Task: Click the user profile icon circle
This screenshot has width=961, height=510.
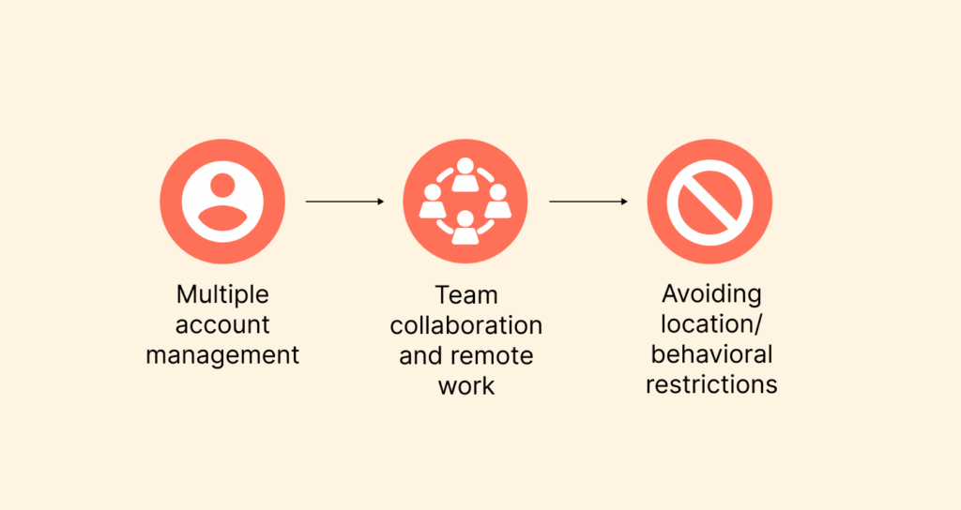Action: click(222, 202)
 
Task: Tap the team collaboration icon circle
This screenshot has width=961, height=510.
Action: click(465, 202)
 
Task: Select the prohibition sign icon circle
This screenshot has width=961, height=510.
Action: click(709, 202)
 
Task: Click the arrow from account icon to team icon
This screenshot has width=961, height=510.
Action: click(344, 202)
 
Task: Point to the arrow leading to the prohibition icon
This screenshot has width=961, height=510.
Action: click(588, 202)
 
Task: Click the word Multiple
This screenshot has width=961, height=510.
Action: click(222, 294)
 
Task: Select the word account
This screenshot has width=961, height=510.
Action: click(222, 325)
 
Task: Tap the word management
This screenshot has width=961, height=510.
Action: click(222, 355)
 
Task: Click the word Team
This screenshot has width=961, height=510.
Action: click(466, 295)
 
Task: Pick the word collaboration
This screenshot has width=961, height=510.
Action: click(466, 325)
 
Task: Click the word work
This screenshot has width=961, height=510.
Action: click(466, 386)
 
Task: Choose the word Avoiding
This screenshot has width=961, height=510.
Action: click(711, 293)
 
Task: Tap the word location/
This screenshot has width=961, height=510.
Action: click(711, 324)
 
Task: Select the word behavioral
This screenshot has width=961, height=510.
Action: click(711, 354)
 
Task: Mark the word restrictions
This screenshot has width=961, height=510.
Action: click(711, 384)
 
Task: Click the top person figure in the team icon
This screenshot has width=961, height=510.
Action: click(465, 173)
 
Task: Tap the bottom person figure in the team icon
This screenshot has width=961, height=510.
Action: click(465, 227)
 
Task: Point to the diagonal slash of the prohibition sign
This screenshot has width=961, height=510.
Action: click(709, 202)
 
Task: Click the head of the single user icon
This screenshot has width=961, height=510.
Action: click(222, 186)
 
